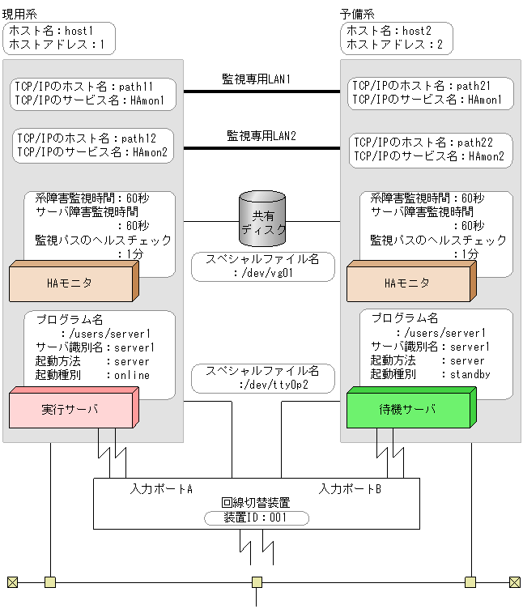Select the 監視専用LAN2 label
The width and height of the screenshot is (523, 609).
[261, 136]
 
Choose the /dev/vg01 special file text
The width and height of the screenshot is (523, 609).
[264, 273]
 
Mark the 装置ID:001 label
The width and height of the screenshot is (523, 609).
[255, 517]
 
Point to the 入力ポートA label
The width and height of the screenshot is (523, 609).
[161, 489]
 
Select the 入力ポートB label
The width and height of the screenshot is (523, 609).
[350, 489]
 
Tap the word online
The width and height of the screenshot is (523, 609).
[133, 375]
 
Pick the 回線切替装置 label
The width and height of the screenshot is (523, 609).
[255, 503]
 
